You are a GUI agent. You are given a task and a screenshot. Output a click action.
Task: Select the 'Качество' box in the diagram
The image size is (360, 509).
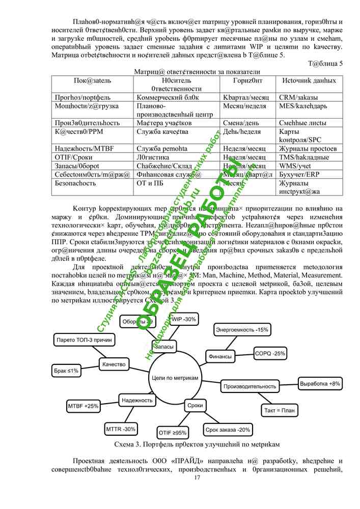click(114, 364)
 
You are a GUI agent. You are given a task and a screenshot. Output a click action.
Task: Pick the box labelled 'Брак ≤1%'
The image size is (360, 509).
click(66, 371)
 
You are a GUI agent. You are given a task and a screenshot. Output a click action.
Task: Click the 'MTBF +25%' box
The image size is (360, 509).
click(83, 406)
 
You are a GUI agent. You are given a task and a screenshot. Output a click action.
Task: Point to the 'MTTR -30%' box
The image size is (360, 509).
click(121, 429)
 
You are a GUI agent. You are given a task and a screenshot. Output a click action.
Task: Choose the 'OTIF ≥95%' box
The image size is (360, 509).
click(173, 433)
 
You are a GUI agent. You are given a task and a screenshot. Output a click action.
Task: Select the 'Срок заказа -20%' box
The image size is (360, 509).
click(228, 430)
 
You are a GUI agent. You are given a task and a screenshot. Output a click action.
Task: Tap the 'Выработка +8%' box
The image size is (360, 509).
click(320, 383)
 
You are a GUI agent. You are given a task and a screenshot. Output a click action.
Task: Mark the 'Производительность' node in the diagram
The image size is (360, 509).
click(250, 387)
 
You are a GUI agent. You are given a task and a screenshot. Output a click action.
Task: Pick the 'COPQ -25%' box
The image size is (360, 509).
click(270, 353)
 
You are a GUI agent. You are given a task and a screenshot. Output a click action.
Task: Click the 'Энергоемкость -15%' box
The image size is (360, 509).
click(241, 330)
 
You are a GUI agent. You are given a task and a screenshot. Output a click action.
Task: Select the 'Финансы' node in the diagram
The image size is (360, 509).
click(220, 356)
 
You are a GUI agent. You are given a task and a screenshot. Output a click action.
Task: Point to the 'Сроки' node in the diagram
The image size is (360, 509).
click(195, 405)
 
